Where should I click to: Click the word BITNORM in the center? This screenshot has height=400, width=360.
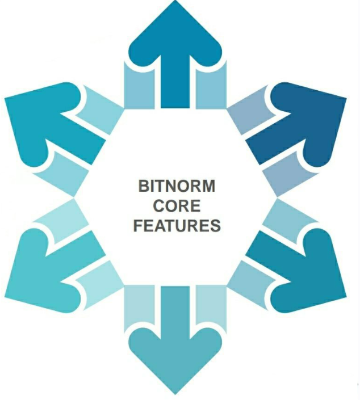177,187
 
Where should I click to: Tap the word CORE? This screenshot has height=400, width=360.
177,206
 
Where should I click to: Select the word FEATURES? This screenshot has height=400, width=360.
177,225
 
